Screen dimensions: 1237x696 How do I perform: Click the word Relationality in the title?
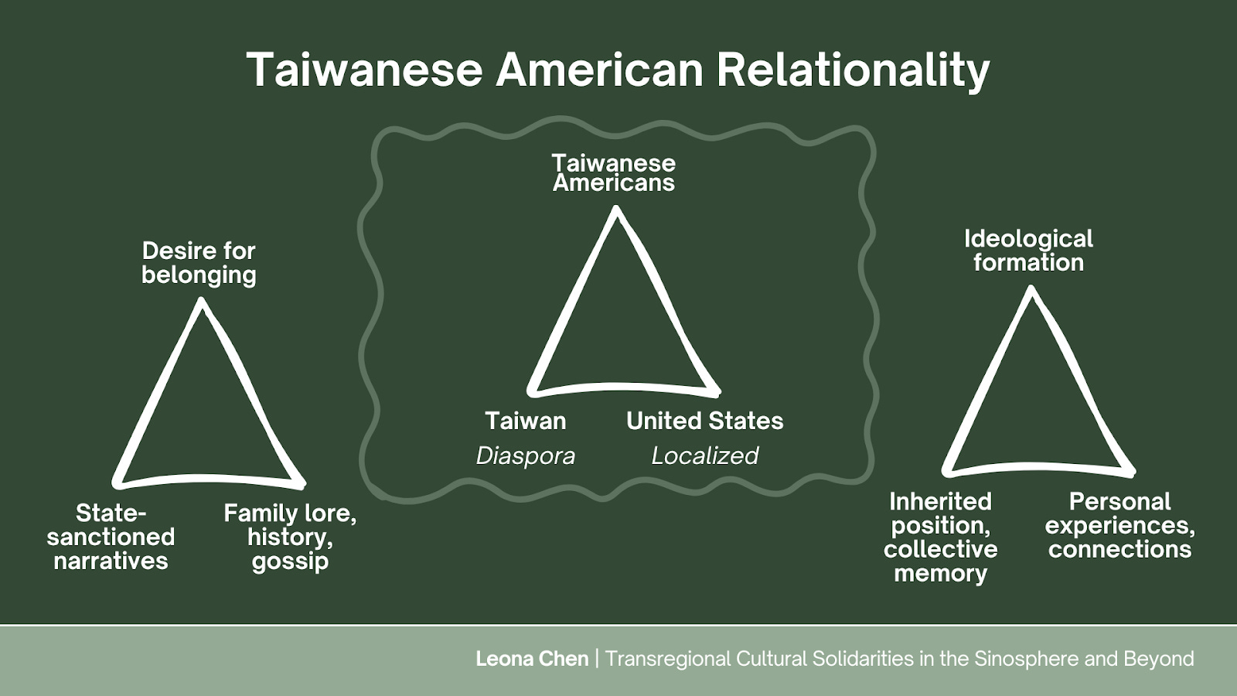(x=852, y=70)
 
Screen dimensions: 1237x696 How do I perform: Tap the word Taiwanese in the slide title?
(x=365, y=70)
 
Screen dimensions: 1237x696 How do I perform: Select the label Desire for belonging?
(x=199, y=263)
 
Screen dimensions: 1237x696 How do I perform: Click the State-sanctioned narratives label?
(x=111, y=537)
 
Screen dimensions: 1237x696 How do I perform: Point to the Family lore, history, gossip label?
(x=290, y=537)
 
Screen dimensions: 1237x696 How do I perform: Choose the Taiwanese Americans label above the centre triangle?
(x=614, y=172)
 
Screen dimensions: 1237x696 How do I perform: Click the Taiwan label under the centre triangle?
(x=526, y=421)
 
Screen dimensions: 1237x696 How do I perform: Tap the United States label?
(x=704, y=421)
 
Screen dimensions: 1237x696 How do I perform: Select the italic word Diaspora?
(x=526, y=455)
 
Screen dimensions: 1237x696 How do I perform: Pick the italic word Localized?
(x=704, y=455)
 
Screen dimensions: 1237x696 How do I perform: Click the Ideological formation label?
(x=1028, y=251)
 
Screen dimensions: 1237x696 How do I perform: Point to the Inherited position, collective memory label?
(x=940, y=537)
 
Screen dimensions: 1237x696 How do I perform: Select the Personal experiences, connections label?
(x=1119, y=525)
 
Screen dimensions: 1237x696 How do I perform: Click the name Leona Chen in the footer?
(x=532, y=659)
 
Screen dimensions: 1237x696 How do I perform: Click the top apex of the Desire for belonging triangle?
(x=203, y=302)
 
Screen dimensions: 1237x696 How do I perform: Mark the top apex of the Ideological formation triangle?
(x=1031, y=290)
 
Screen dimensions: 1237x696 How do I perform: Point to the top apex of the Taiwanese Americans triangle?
(x=616, y=210)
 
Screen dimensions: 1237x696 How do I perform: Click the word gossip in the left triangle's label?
(x=290, y=561)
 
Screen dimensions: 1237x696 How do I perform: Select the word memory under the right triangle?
(x=940, y=574)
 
